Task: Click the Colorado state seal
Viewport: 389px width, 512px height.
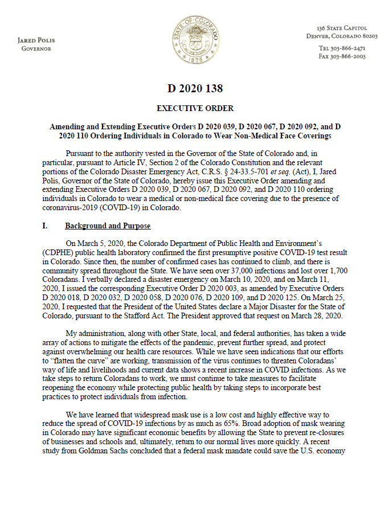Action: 194,40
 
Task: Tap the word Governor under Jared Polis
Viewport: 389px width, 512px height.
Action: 36,48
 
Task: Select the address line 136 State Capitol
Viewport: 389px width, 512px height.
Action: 341,28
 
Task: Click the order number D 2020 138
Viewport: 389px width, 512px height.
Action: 195,88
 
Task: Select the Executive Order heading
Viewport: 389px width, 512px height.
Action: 195,108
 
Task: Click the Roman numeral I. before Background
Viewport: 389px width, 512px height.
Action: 44,226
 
